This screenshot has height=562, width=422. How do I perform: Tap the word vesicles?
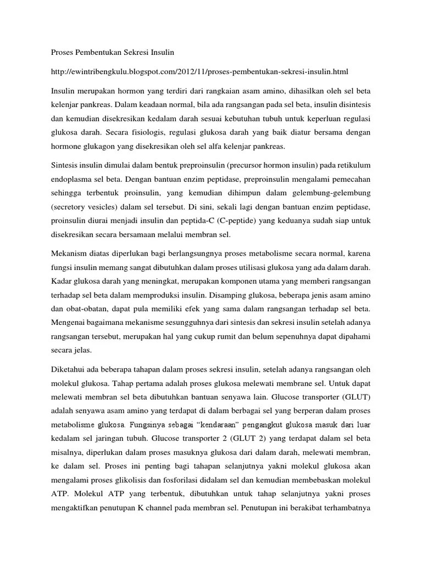(103, 220)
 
